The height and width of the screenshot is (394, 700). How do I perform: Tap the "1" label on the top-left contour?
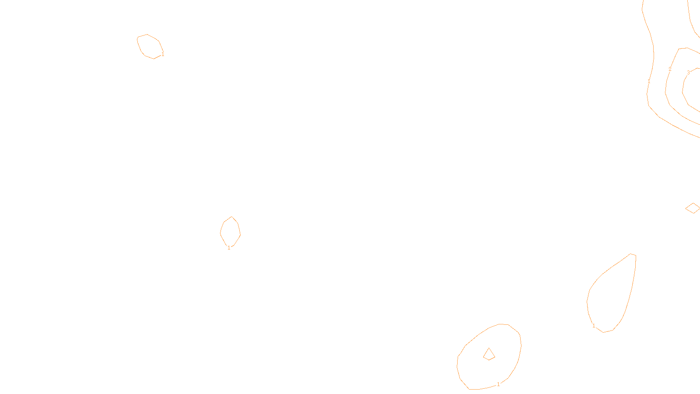click(x=163, y=54)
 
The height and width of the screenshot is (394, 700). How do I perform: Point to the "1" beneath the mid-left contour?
click(x=229, y=248)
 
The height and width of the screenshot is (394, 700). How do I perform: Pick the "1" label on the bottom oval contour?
click(x=498, y=384)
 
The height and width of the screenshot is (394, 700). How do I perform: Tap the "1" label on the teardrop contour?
click(x=594, y=326)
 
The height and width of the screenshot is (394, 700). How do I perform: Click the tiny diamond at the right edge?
click(x=693, y=208)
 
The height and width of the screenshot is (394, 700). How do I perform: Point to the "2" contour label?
click(x=670, y=69)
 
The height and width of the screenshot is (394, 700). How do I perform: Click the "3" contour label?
click(x=688, y=73)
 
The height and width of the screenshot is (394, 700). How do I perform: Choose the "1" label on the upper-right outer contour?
click(x=649, y=81)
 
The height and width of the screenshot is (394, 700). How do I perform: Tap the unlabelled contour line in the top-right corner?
click(x=690, y=18)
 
